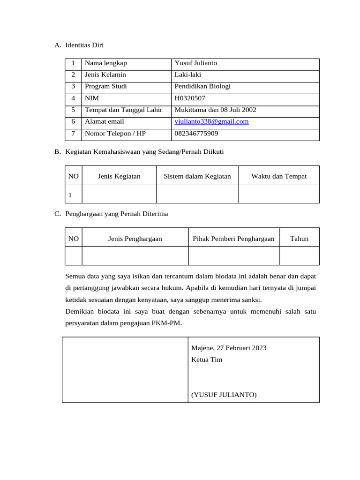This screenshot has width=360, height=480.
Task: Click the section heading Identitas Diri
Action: [84, 45]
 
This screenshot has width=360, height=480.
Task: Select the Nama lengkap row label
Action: [105, 63]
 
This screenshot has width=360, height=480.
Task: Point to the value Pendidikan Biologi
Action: [202, 86]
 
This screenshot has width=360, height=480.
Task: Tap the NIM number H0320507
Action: [190, 98]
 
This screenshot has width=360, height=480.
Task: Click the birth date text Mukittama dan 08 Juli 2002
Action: [215, 110]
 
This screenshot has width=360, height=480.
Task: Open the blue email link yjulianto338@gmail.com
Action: [211, 121]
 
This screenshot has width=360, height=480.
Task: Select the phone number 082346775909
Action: [196, 134]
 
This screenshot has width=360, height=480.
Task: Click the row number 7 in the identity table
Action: [73, 134]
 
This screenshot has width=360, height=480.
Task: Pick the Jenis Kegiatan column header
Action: [119, 176]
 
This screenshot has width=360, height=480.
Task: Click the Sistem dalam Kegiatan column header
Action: [197, 176]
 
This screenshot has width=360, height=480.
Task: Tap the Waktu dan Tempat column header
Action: [279, 176]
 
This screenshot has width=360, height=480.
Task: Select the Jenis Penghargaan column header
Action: [135, 239]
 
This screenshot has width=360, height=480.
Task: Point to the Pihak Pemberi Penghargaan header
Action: [233, 239]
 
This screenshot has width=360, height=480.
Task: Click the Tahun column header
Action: [299, 239]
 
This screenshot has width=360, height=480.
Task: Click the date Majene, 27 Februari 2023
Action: [229, 348]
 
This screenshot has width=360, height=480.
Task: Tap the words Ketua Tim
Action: [207, 360]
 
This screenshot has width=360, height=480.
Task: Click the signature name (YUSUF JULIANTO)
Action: [224, 395]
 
